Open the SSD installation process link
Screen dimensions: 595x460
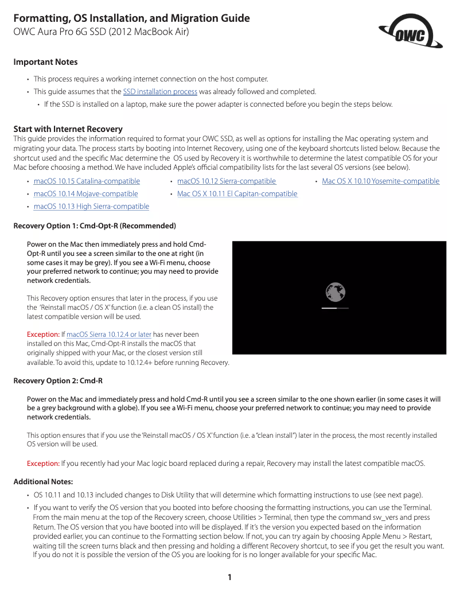[160, 92]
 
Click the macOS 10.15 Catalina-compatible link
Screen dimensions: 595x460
[87, 181]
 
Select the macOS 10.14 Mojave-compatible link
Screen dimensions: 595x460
[85, 194]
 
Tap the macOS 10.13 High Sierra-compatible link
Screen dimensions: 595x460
[91, 207]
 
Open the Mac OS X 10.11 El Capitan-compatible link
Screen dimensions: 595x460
[237, 194]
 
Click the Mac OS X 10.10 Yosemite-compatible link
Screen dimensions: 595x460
[380, 181]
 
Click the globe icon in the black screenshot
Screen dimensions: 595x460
[335, 293]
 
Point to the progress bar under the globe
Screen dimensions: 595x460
[335, 308]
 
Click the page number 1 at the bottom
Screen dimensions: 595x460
[229, 577]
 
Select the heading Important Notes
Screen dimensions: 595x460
[45, 62]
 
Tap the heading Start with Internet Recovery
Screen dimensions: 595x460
[68, 129]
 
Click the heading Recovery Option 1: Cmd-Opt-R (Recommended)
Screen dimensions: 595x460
[95, 225]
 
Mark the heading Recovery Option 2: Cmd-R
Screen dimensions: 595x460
[58, 380]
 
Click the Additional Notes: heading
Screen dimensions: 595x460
[43, 481]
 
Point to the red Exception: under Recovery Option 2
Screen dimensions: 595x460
[43, 464]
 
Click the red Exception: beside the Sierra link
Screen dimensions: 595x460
[43, 335]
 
